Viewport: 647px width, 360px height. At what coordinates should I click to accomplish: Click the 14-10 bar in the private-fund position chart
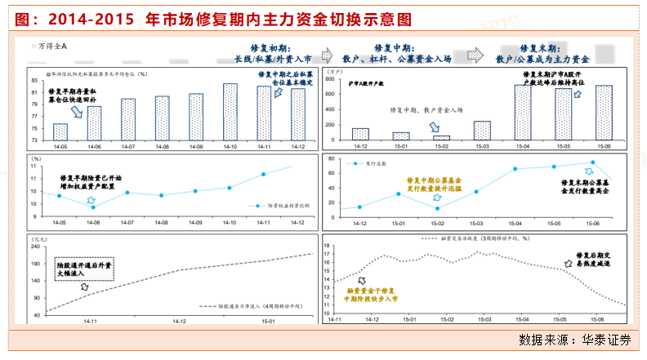(230, 109)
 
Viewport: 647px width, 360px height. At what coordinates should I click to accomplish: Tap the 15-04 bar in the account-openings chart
(523, 113)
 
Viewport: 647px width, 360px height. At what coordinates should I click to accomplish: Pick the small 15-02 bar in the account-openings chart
(442, 138)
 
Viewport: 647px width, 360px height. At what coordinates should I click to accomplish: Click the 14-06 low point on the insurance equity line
(93, 207)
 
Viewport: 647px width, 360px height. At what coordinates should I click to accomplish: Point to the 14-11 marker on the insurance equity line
(264, 174)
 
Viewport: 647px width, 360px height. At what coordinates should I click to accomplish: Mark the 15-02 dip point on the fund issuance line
(438, 208)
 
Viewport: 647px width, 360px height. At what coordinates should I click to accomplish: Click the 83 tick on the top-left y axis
(35, 80)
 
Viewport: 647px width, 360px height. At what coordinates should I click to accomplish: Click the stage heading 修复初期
(273, 49)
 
